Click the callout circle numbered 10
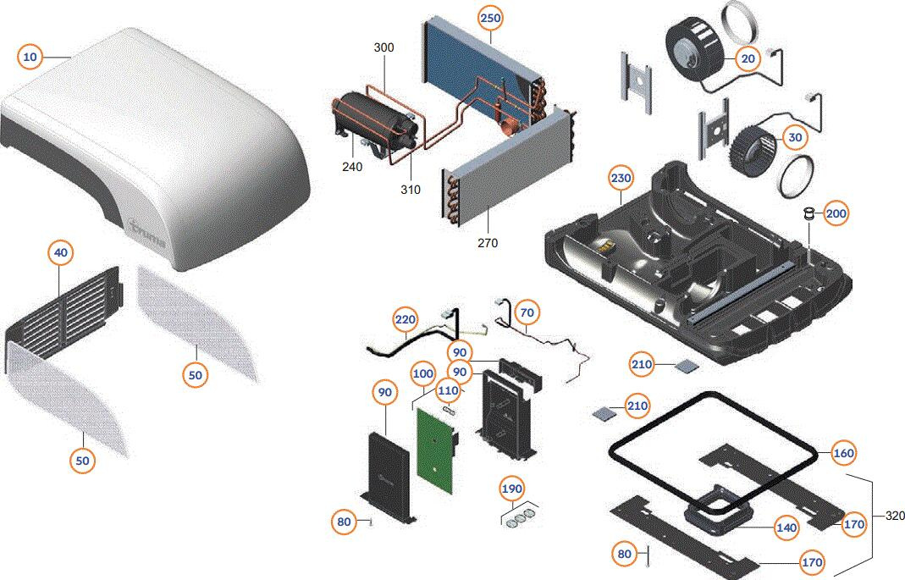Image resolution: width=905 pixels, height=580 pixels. point(30,57)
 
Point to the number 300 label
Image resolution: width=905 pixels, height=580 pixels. point(384,47)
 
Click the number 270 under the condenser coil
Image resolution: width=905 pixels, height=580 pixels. point(487,243)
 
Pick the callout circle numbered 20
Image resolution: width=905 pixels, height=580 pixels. point(748,58)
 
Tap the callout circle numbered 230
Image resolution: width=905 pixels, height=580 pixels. point(621,179)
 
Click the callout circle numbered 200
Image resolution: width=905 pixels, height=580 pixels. point(836,214)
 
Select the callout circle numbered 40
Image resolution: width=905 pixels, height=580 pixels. point(61,252)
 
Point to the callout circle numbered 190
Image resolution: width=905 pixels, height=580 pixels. point(512,489)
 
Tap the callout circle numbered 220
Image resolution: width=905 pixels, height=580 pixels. point(406,320)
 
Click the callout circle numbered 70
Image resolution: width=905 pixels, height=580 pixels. point(527,313)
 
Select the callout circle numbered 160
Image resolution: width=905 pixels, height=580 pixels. point(843,453)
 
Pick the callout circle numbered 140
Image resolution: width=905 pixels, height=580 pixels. point(786,528)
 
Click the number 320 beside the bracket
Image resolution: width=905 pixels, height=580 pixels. point(894,516)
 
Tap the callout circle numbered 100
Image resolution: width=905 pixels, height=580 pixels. point(423,373)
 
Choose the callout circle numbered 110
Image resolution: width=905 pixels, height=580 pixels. point(448,391)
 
